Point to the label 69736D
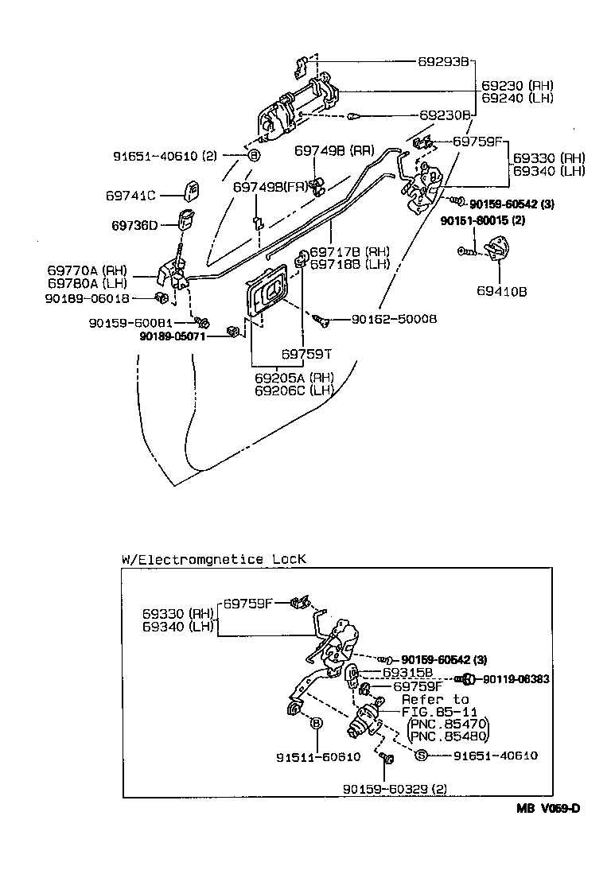pyautogui.click(x=134, y=225)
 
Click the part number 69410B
pyautogui.click(x=501, y=291)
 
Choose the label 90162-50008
pyautogui.click(x=394, y=320)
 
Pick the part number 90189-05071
pyautogui.click(x=173, y=336)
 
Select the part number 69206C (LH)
pyautogui.click(x=294, y=390)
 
